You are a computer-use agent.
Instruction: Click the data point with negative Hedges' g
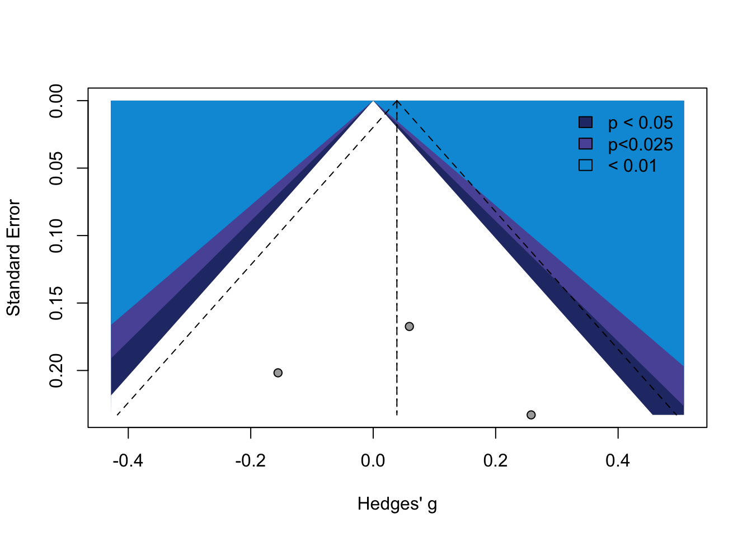[278, 373]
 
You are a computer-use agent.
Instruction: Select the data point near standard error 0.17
[409, 326]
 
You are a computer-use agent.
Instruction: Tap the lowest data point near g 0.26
[531, 414]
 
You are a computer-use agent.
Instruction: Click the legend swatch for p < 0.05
[585, 123]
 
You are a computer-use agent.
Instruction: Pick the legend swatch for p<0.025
[585, 144]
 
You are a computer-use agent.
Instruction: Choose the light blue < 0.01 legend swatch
[585, 165]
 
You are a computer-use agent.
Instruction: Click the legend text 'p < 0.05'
[640, 123]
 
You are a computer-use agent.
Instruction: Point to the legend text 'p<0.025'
[640, 144]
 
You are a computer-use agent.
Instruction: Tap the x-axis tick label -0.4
[128, 460]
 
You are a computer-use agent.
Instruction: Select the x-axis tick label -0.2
[250, 460]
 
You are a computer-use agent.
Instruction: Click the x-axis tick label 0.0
[373, 460]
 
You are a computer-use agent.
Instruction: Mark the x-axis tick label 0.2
[495, 460]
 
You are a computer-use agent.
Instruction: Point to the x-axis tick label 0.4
[618, 460]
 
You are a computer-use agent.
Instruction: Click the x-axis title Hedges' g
[397, 505]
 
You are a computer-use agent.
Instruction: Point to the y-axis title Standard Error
[13, 258]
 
